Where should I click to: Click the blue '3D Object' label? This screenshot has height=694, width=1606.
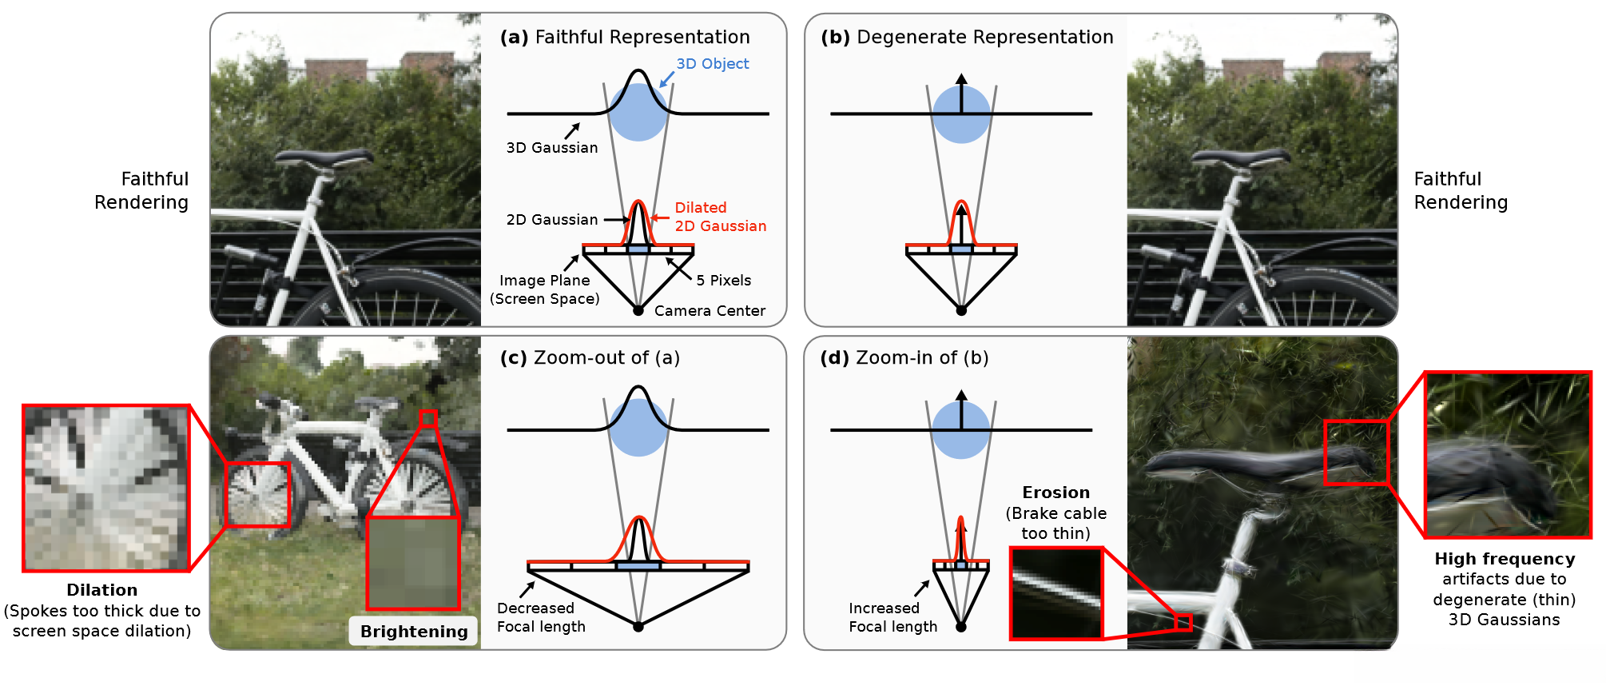point(712,64)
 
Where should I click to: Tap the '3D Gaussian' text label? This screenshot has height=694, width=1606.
point(552,148)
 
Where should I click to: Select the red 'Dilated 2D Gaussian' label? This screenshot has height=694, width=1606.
point(720,217)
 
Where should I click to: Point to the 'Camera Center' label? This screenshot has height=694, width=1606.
point(710,311)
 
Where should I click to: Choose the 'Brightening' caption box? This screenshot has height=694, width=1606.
point(414,632)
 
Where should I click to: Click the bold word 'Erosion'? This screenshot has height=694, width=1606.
point(1055,493)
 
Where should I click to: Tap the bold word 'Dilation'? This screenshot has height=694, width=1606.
point(102,590)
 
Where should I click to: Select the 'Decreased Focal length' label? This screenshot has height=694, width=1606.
point(541,617)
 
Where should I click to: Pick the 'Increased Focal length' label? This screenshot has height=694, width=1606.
point(892,617)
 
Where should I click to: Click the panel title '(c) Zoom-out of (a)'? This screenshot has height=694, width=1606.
point(590,358)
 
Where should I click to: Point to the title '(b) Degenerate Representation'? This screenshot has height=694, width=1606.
point(967,38)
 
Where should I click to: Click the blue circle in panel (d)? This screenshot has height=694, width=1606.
point(961,432)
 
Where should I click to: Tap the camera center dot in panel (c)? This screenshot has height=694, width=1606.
point(638,627)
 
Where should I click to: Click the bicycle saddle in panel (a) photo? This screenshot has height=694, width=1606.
point(324,158)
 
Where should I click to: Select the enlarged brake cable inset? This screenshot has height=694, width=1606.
point(1056,593)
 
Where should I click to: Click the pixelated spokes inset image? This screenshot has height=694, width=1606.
point(106,489)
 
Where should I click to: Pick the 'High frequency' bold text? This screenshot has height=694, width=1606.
point(1505,559)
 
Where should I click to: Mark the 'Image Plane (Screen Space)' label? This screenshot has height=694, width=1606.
point(545,289)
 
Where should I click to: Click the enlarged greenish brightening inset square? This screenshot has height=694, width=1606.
point(413,563)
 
